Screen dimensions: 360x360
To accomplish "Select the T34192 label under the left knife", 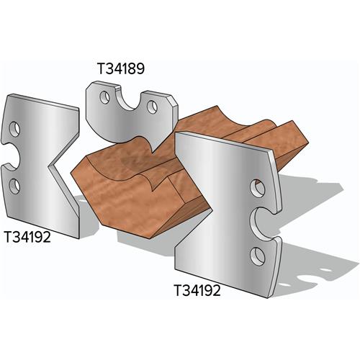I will (x=30, y=236).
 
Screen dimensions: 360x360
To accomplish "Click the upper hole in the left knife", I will (x=14, y=128).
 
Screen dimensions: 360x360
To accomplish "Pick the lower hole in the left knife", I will (x=14, y=185).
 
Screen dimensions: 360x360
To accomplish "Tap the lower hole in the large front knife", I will (x=258, y=255).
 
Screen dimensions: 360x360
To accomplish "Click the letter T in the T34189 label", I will (x=100, y=69).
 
